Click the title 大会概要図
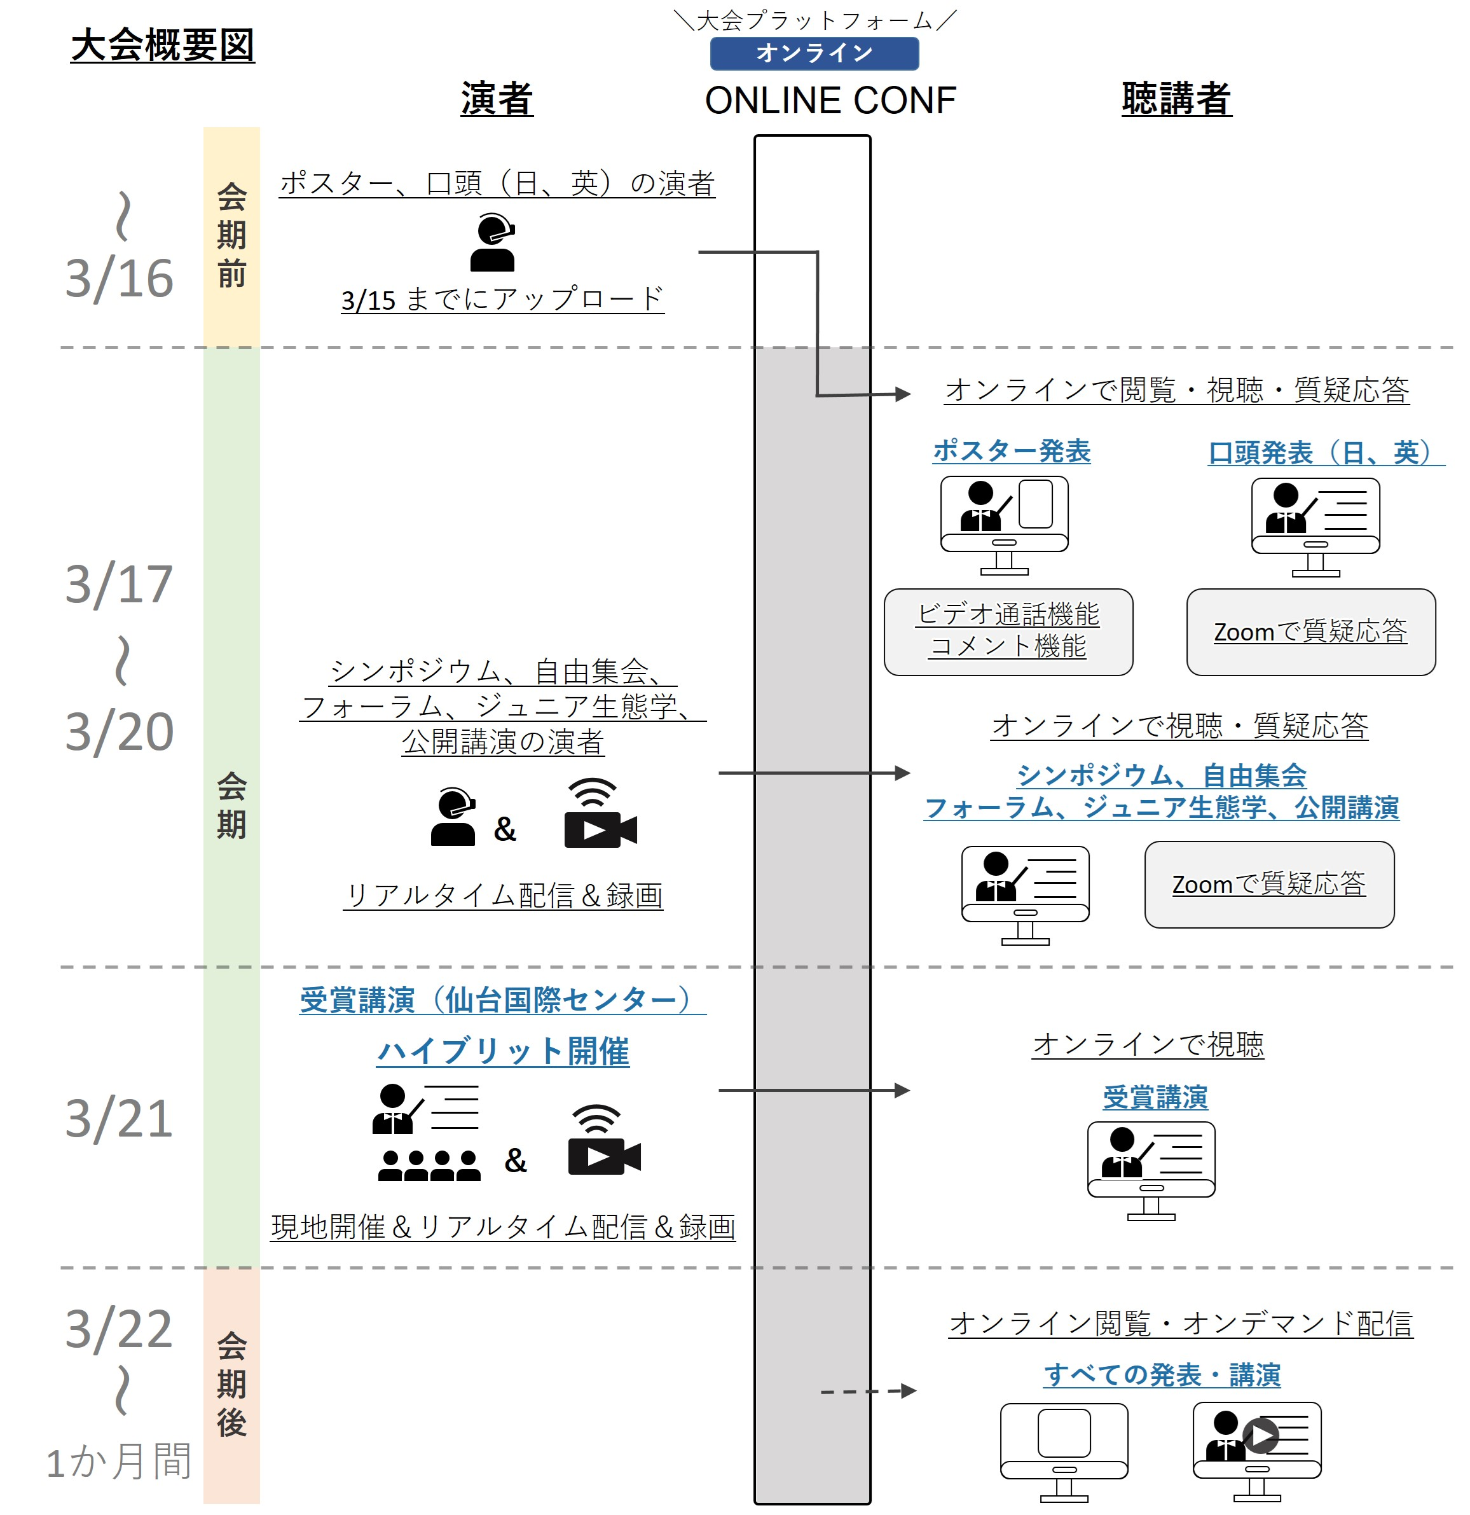click(x=162, y=45)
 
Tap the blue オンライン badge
click(x=814, y=53)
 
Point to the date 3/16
click(x=119, y=279)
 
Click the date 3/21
click(x=119, y=1119)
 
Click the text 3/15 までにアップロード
click(x=502, y=299)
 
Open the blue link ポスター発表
click(x=1011, y=451)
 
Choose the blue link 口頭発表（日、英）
click(x=1324, y=452)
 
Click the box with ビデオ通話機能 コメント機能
click(x=1008, y=632)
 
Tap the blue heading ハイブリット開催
click(x=502, y=1051)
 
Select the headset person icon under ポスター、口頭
click(x=492, y=244)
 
